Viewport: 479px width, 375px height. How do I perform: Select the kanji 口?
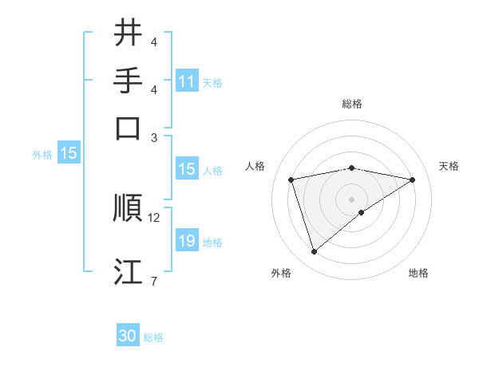click(128, 128)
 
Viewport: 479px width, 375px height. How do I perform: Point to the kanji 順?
click(128, 208)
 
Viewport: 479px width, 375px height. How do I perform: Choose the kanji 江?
click(128, 272)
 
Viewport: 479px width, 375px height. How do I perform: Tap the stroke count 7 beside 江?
click(153, 281)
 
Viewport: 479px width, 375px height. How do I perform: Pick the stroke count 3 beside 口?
click(155, 136)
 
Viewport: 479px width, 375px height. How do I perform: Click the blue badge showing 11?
click(187, 81)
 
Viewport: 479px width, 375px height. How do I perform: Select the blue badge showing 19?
click(187, 241)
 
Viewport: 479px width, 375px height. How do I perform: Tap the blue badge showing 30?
click(128, 337)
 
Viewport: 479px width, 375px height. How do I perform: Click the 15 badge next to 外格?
click(69, 154)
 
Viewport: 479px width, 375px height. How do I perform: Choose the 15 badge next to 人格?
click(187, 169)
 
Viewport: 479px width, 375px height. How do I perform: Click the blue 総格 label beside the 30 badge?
click(153, 337)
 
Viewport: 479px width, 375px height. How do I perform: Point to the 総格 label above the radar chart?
click(352, 105)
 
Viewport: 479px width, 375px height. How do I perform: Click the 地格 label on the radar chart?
click(418, 274)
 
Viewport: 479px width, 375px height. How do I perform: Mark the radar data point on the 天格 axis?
click(413, 180)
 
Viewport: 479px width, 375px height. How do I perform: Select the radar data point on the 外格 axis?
click(314, 252)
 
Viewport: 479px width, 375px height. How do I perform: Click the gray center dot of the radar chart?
click(352, 198)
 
